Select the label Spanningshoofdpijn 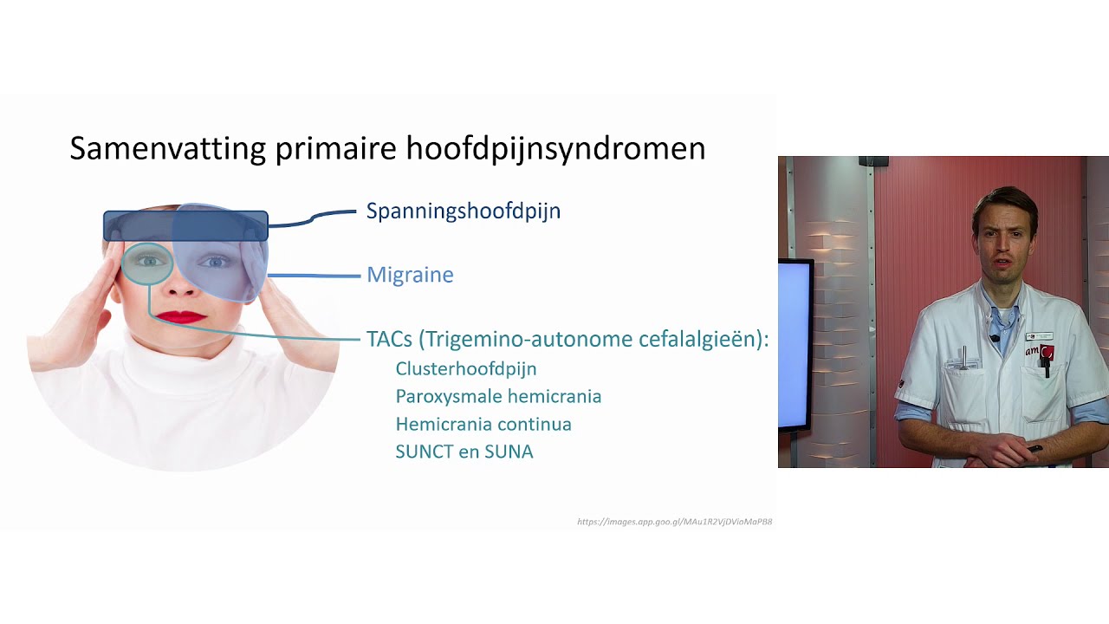point(463,211)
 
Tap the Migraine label point(410,275)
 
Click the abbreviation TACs point(389,339)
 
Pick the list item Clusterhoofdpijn point(465,369)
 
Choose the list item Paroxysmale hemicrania point(498,397)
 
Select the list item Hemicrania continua point(483,425)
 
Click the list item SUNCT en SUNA point(464,452)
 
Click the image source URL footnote point(674,522)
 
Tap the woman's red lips point(181,317)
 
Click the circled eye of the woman point(147,261)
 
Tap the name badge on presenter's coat point(1039,335)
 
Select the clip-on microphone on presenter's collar point(995,338)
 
